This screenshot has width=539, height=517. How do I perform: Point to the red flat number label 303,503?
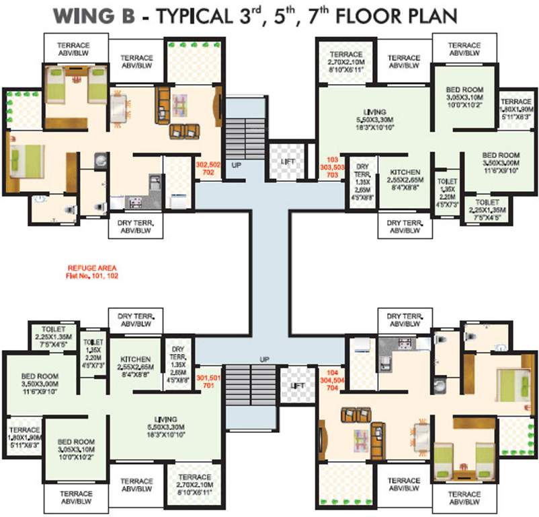[329, 164]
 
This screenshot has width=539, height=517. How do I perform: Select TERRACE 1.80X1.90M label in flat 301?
[24, 436]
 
